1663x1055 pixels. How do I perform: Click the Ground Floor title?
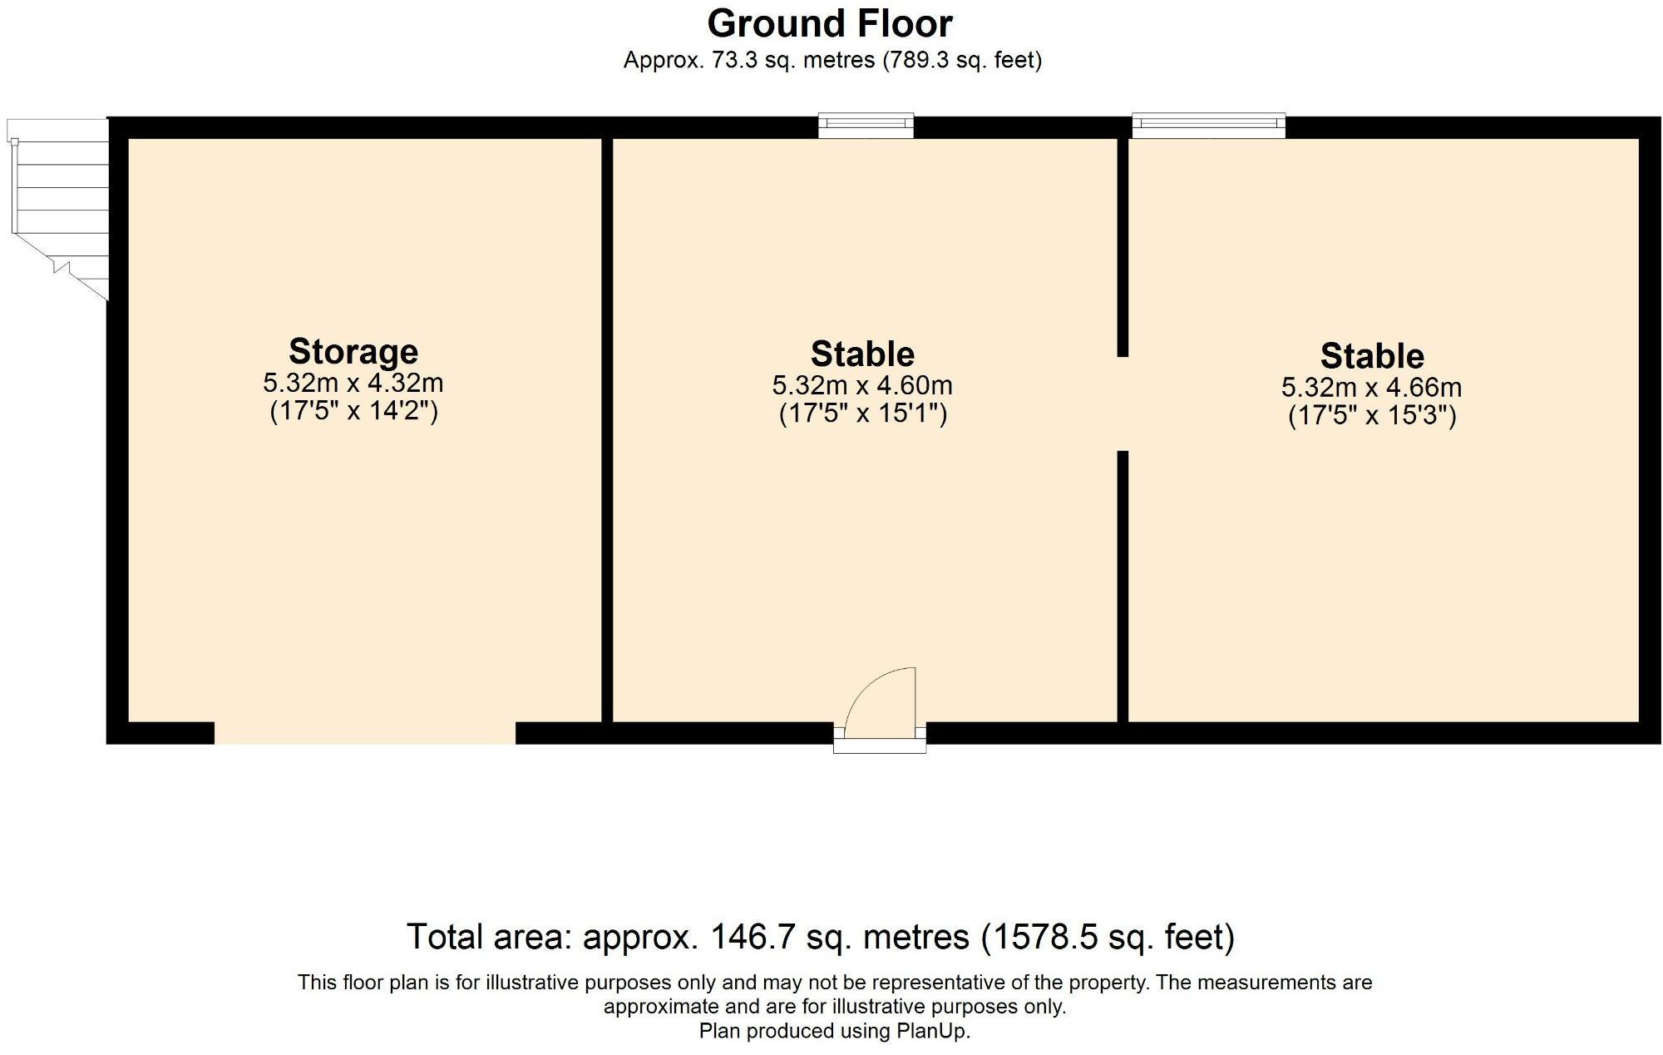click(x=829, y=23)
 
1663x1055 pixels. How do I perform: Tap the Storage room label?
click(x=353, y=351)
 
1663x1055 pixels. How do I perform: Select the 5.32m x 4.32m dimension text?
click(x=353, y=384)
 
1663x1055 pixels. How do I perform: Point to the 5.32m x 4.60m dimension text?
click(x=862, y=386)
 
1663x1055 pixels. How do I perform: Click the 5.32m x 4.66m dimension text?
click(x=1371, y=388)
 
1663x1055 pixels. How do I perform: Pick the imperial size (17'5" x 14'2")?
click(x=353, y=411)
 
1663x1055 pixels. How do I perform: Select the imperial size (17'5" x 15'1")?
click(x=862, y=414)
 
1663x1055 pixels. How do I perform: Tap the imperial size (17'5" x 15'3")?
click(x=1372, y=415)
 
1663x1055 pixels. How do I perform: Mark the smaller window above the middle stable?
click(x=866, y=126)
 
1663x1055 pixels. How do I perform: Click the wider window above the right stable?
click(x=1208, y=126)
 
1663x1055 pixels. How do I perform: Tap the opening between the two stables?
click(x=1123, y=404)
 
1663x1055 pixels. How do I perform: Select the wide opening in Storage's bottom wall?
click(x=365, y=733)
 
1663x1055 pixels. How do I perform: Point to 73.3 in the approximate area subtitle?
click(x=734, y=60)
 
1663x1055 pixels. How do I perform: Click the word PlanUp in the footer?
click(x=932, y=1031)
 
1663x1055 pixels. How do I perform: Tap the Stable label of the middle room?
click(x=862, y=354)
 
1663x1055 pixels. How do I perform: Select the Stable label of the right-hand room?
click(x=1372, y=355)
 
